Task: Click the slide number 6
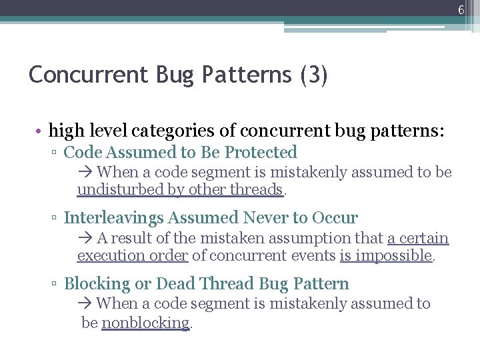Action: [461, 9]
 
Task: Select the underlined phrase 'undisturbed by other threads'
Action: [180, 190]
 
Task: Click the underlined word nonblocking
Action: [145, 323]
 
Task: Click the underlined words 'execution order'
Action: [133, 255]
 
